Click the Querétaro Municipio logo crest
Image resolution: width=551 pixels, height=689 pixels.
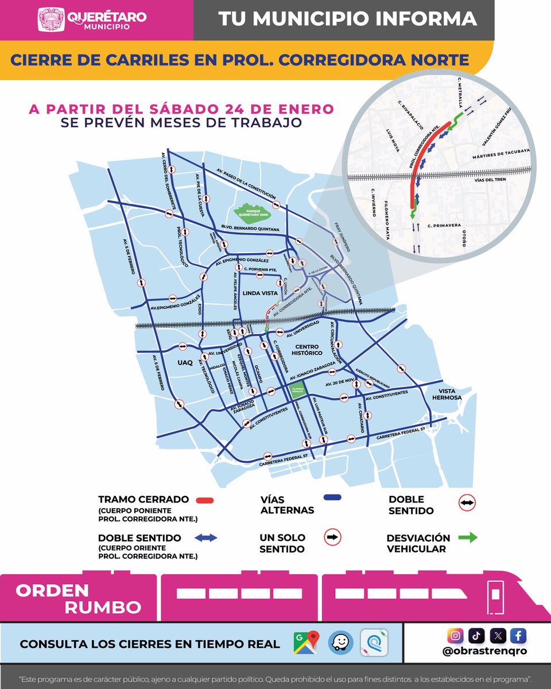[51, 20]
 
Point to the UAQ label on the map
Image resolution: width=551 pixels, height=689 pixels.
[185, 363]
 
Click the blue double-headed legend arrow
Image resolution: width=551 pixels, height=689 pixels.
[205, 538]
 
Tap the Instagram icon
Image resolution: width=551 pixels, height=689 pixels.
[455, 636]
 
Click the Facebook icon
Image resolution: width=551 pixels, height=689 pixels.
[518, 636]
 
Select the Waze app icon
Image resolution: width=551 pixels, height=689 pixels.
[340, 644]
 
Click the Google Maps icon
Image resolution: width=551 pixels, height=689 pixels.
[306, 644]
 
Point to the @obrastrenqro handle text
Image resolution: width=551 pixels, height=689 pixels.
[487, 652]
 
